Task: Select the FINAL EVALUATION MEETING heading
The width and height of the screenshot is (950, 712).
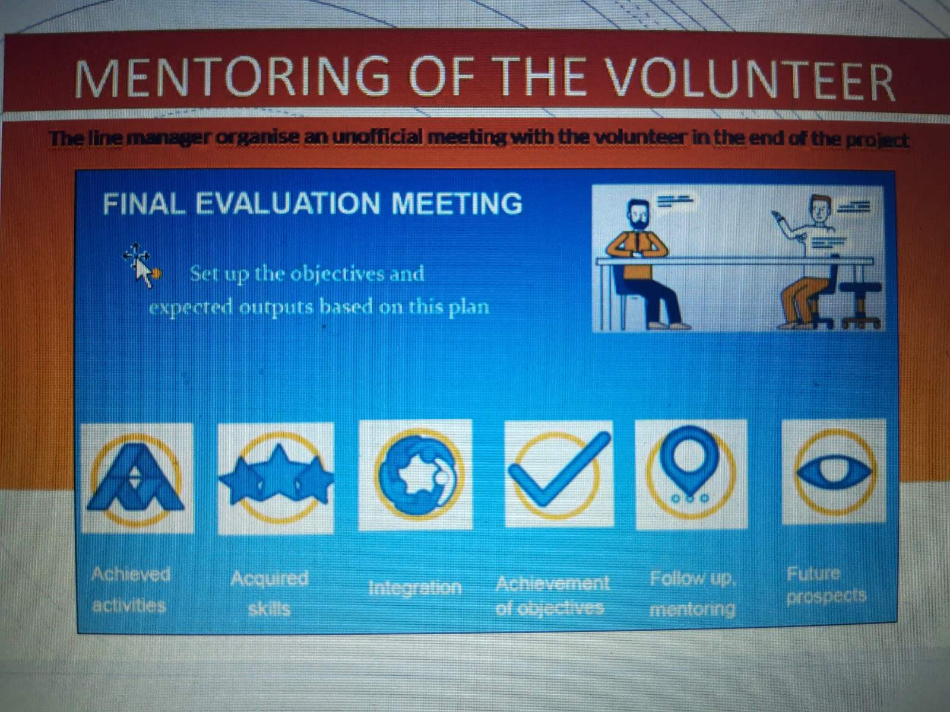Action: (312, 203)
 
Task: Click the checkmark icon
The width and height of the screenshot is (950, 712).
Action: (558, 473)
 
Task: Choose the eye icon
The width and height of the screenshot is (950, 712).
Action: (834, 471)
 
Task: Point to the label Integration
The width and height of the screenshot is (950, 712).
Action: (415, 588)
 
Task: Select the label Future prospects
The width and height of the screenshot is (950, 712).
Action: (826, 586)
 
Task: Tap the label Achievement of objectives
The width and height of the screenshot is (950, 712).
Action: (552, 596)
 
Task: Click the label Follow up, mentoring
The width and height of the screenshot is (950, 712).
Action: (692, 594)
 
